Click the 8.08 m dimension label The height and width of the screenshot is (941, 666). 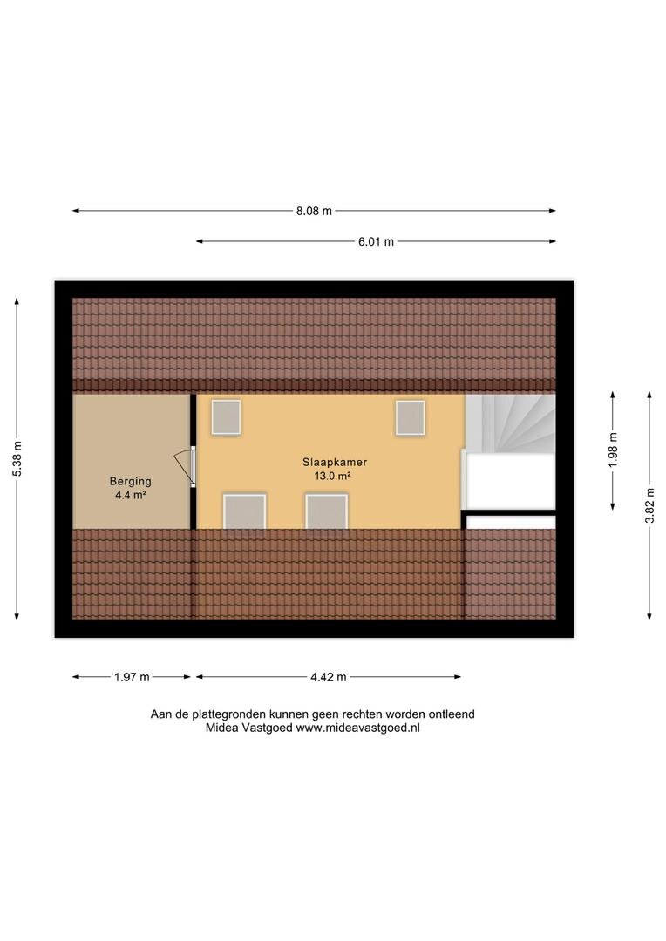click(x=314, y=211)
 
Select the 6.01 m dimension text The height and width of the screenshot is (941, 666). click(x=376, y=242)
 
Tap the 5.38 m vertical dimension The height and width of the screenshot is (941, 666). click(x=17, y=459)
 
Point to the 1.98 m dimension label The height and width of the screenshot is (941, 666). click(x=613, y=450)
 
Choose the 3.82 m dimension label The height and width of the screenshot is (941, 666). click(x=649, y=505)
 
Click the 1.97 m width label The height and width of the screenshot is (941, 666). click(x=132, y=678)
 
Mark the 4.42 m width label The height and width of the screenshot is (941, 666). click(x=329, y=678)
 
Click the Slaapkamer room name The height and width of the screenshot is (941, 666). click(x=335, y=462)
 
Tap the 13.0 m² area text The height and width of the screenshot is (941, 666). click(x=333, y=476)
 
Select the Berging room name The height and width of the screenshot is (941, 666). click(x=130, y=481)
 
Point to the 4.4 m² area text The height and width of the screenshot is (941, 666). click(x=131, y=495)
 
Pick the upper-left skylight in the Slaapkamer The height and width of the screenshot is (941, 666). click(x=226, y=417)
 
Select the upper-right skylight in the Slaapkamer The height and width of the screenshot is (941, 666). click(x=411, y=417)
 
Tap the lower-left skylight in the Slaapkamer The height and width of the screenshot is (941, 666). click(x=244, y=511)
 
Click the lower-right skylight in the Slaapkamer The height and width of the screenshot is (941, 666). click(x=327, y=511)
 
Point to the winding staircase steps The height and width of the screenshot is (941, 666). click(x=511, y=423)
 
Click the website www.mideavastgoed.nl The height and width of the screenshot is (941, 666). click(x=358, y=728)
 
